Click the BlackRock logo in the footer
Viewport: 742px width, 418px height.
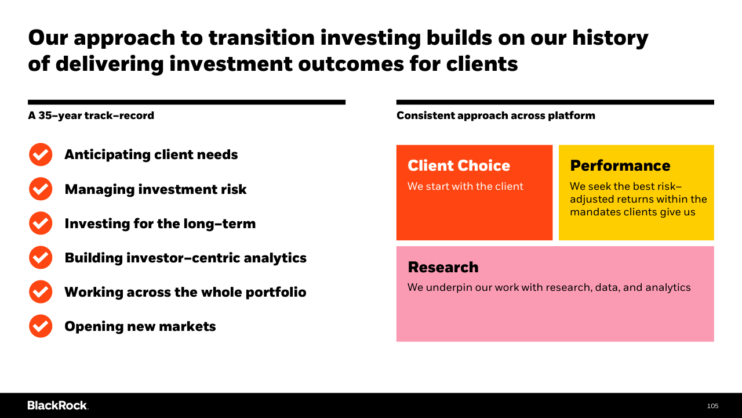click(x=58, y=405)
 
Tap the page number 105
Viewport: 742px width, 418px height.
click(x=712, y=406)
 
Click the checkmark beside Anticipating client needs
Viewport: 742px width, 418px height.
click(x=41, y=154)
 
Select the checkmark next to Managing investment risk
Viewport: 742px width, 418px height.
click(x=41, y=189)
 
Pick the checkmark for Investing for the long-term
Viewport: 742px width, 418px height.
click(x=41, y=224)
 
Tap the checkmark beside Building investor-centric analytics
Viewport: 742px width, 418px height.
click(x=41, y=257)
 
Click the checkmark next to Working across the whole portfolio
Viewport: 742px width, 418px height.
click(x=41, y=292)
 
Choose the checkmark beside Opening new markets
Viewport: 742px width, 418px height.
click(x=41, y=326)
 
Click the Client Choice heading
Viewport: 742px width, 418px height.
click(x=459, y=165)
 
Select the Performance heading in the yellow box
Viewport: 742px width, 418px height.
click(x=620, y=165)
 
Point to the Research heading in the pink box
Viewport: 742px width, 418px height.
click(x=443, y=267)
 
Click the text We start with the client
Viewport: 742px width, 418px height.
click(x=465, y=186)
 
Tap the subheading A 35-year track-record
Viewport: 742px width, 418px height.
click(x=91, y=116)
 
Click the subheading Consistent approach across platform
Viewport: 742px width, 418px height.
click(x=496, y=116)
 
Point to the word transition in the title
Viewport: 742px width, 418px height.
click(x=261, y=38)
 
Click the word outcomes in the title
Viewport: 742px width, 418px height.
click(x=351, y=64)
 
